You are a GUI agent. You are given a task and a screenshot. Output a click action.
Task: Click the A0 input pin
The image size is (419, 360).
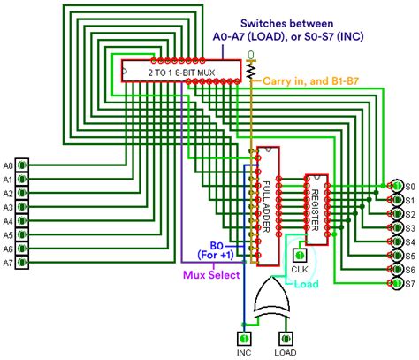pos(22,165)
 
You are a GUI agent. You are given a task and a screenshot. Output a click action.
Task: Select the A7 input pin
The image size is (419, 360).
pos(22,262)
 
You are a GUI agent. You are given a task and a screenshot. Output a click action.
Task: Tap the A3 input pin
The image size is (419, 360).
pos(22,207)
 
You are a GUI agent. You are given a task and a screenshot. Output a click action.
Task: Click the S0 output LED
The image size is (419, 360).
pos(397,186)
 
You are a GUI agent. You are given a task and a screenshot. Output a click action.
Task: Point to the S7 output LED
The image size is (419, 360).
pos(397,283)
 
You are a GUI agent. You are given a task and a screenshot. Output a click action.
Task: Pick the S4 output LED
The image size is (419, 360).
pos(397,241)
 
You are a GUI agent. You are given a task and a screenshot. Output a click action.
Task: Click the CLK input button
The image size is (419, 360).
pos(300,255)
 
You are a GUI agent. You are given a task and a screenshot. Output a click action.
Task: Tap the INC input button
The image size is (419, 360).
pos(244,339)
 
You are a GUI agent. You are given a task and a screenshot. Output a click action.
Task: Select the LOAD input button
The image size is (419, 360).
pos(286,339)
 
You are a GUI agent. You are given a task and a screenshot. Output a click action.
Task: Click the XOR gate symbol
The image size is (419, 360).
pos(271,298)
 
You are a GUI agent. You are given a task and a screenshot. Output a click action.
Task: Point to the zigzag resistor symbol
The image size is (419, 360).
pos(251,71)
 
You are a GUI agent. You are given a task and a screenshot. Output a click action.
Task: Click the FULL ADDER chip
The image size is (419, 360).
pos(268,206)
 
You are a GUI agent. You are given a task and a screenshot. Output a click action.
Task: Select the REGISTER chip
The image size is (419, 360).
pos(316,210)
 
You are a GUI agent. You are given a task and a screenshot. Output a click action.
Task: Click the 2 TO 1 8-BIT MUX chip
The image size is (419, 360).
pos(181,71)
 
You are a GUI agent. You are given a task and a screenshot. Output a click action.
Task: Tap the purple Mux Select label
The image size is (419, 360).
pos(211,275)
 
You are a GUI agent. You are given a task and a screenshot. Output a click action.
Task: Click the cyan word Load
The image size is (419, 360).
pos(307,284)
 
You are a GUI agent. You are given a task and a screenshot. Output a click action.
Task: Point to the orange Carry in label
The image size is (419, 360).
pos(286,81)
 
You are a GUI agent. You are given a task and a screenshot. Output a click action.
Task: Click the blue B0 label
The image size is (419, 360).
pos(217,245)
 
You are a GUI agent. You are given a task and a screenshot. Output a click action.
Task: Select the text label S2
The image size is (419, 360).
pos(410,214)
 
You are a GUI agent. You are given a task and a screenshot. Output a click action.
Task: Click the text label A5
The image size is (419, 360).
pos(8,235)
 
